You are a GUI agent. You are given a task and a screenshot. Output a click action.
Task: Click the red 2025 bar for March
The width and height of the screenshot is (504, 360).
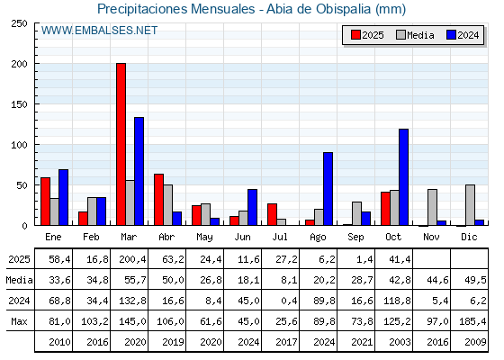click(121, 144)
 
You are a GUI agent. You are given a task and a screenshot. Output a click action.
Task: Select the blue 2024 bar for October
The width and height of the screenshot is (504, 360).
click(403, 177)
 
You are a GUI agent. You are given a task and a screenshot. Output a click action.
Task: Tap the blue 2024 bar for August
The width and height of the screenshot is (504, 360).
click(328, 189)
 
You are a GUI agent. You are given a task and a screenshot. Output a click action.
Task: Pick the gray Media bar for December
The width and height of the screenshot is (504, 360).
click(470, 205)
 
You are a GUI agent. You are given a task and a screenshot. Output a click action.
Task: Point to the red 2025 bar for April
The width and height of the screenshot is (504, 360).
click(158, 200)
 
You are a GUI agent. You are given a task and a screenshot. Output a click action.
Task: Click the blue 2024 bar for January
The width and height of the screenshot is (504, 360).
click(63, 197)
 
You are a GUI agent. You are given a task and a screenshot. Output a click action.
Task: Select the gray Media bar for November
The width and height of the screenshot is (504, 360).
click(432, 207)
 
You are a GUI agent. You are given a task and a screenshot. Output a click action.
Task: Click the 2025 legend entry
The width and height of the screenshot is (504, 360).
click(367, 35)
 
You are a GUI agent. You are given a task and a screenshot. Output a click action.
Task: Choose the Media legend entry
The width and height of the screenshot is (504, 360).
click(414, 35)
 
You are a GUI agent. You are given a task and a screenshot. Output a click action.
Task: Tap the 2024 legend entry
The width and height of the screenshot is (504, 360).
click(462, 35)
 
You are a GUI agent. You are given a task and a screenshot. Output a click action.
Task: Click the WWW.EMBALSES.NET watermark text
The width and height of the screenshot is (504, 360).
click(99, 31)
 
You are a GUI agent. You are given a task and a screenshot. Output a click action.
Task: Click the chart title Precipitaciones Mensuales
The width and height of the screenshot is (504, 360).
click(251, 9)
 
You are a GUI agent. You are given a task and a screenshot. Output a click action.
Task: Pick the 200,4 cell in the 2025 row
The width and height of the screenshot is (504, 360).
click(130, 259)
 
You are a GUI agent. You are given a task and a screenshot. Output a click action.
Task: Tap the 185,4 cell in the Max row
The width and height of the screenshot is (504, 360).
click(470, 321)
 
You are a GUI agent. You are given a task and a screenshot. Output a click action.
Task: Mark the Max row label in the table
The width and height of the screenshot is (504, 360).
click(19, 321)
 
